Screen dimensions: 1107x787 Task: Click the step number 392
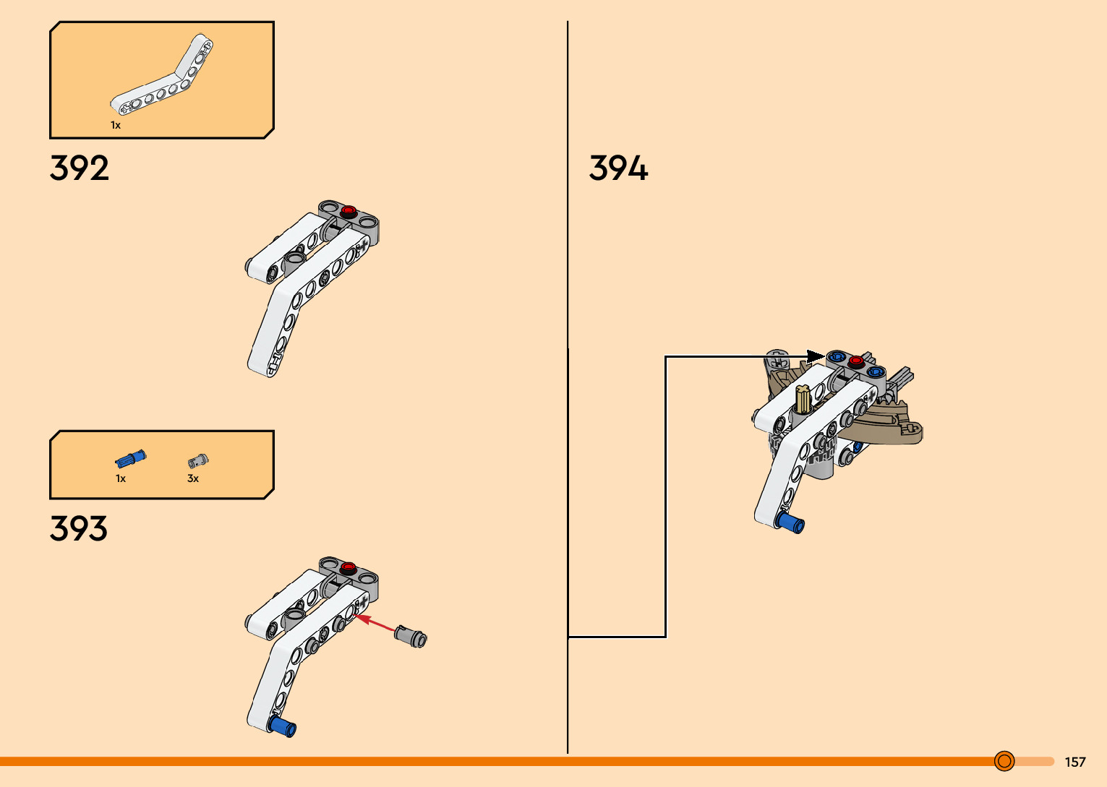(x=80, y=168)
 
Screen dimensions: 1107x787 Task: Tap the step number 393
(x=79, y=528)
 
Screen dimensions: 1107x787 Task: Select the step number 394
(x=618, y=168)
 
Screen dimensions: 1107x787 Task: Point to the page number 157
(x=1075, y=762)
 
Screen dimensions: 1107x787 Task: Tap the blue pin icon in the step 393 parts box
(x=131, y=459)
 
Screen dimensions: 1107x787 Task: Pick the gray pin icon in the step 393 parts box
(x=197, y=460)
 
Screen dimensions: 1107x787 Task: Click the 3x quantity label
(x=193, y=478)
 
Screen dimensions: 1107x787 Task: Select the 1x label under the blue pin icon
(x=121, y=478)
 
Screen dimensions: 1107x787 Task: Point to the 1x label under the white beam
(x=116, y=125)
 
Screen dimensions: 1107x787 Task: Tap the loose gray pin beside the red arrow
(x=411, y=636)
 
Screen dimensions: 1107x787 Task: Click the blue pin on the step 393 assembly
(x=283, y=726)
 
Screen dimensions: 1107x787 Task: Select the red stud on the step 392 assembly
(x=349, y=211)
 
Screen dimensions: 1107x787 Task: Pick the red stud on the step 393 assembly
(x=348, y=567)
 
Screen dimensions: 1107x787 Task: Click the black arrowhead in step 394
(x=815, y=356)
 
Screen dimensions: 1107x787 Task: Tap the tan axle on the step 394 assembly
(x=803, y=399)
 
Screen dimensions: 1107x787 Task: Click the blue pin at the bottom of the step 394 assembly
(x=791, y=522)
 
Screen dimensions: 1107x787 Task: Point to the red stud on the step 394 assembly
(x=856, y=361)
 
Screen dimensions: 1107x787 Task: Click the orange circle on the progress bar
(x=1004, y=761)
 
